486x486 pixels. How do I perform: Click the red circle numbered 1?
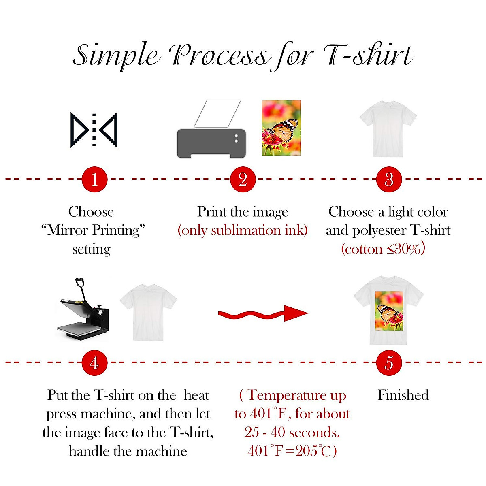[94, 179]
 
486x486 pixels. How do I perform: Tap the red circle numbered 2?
[243, 179]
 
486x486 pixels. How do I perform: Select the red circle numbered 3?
[389, 179]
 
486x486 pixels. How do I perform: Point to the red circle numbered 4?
[94, 362]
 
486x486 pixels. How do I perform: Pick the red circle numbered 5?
[389, 362]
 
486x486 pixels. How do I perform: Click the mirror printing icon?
[94, 130]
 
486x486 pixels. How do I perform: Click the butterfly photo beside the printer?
[281, 128]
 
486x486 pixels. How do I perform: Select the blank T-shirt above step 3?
[388, 128]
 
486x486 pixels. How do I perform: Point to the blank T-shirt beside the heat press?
[148, 312]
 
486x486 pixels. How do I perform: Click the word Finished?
[403, 395]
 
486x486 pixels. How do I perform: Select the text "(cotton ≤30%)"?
[383, 249]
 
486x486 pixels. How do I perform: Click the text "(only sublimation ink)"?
[243, 230]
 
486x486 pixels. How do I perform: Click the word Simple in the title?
[116, 55]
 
